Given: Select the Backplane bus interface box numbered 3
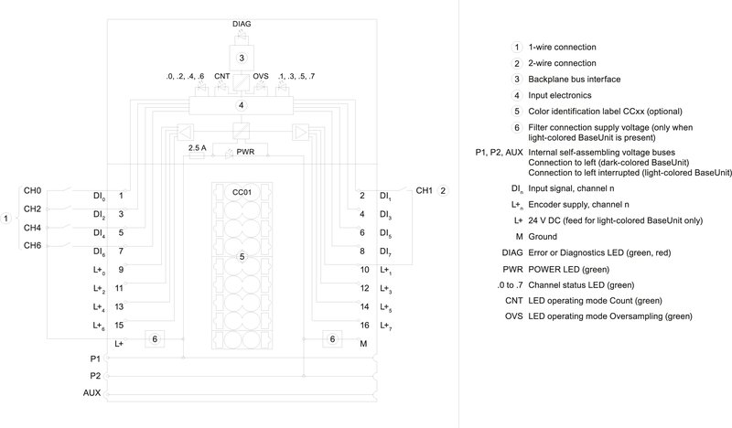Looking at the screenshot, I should click(242, 58).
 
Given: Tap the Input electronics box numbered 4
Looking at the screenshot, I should click(242, 105).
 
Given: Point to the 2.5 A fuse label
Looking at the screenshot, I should click(197, 146).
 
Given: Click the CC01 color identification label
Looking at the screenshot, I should click(242, 191).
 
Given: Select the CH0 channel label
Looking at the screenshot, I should click(32, 191).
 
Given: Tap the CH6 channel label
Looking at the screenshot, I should click(32, 245).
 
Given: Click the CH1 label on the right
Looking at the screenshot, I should click(425, 190).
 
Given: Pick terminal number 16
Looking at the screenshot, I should click(363, 326).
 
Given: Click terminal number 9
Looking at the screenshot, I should click(120, 270).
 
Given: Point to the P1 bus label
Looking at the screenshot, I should click(94, 359).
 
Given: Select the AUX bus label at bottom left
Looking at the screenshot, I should click(91, 392).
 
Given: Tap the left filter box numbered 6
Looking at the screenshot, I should click(155, 339).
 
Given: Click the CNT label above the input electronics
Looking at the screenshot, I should click(222, 76).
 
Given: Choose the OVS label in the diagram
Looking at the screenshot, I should click(261, 76).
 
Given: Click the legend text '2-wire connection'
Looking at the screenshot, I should click(568, 63).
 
